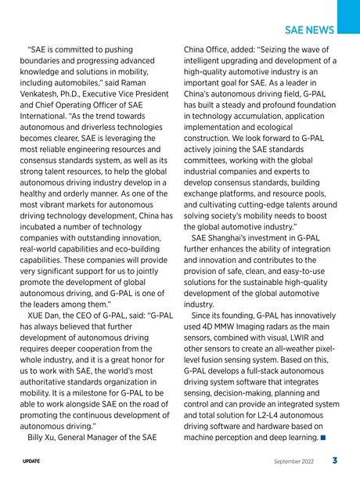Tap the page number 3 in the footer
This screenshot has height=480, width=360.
(x=334, y=461)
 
